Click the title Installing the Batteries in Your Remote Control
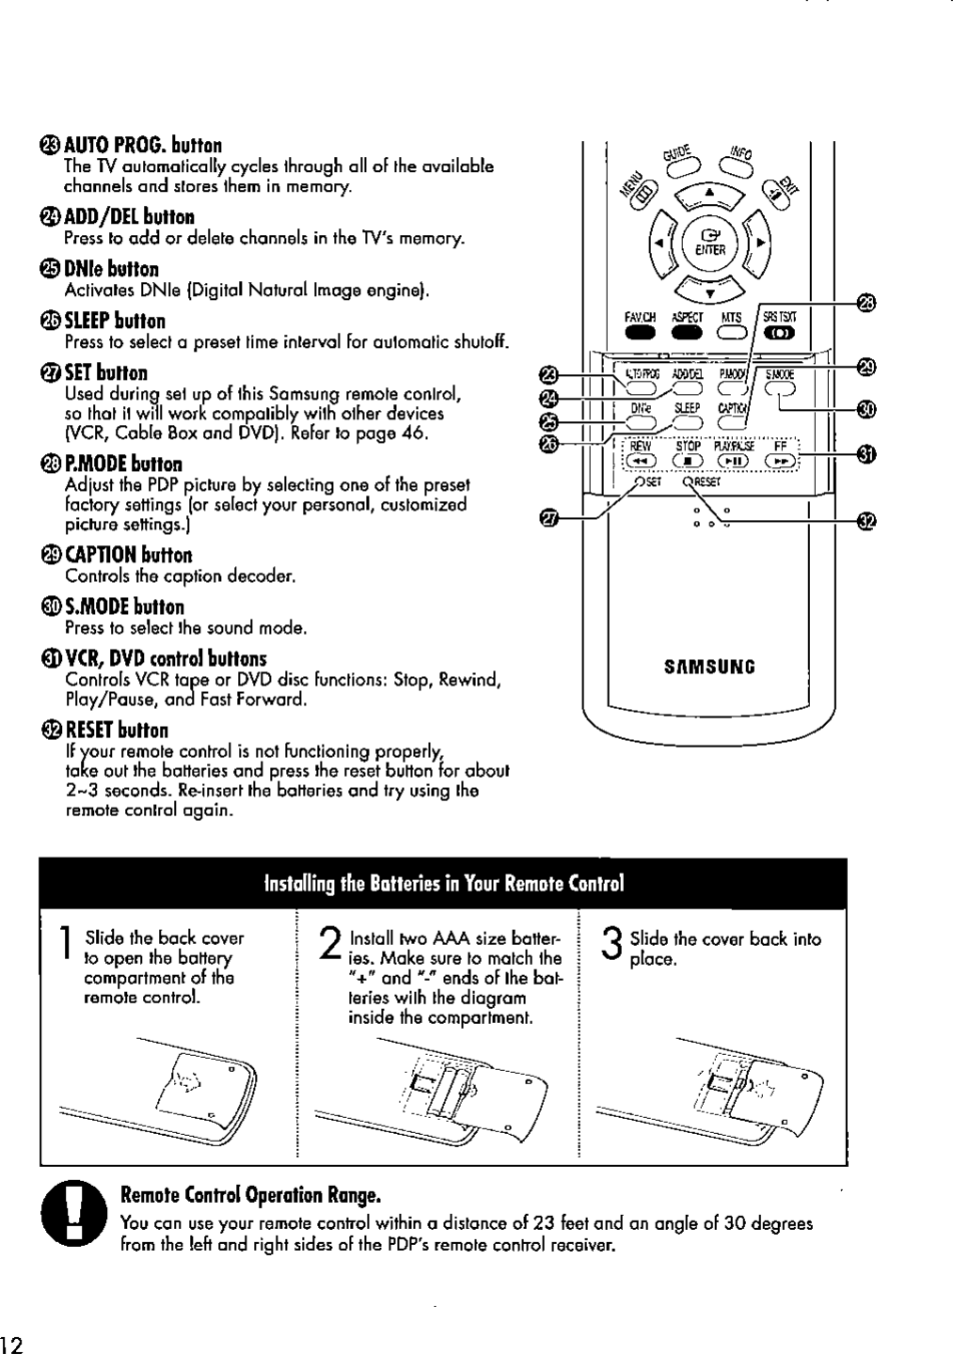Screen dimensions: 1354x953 point(444,884)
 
